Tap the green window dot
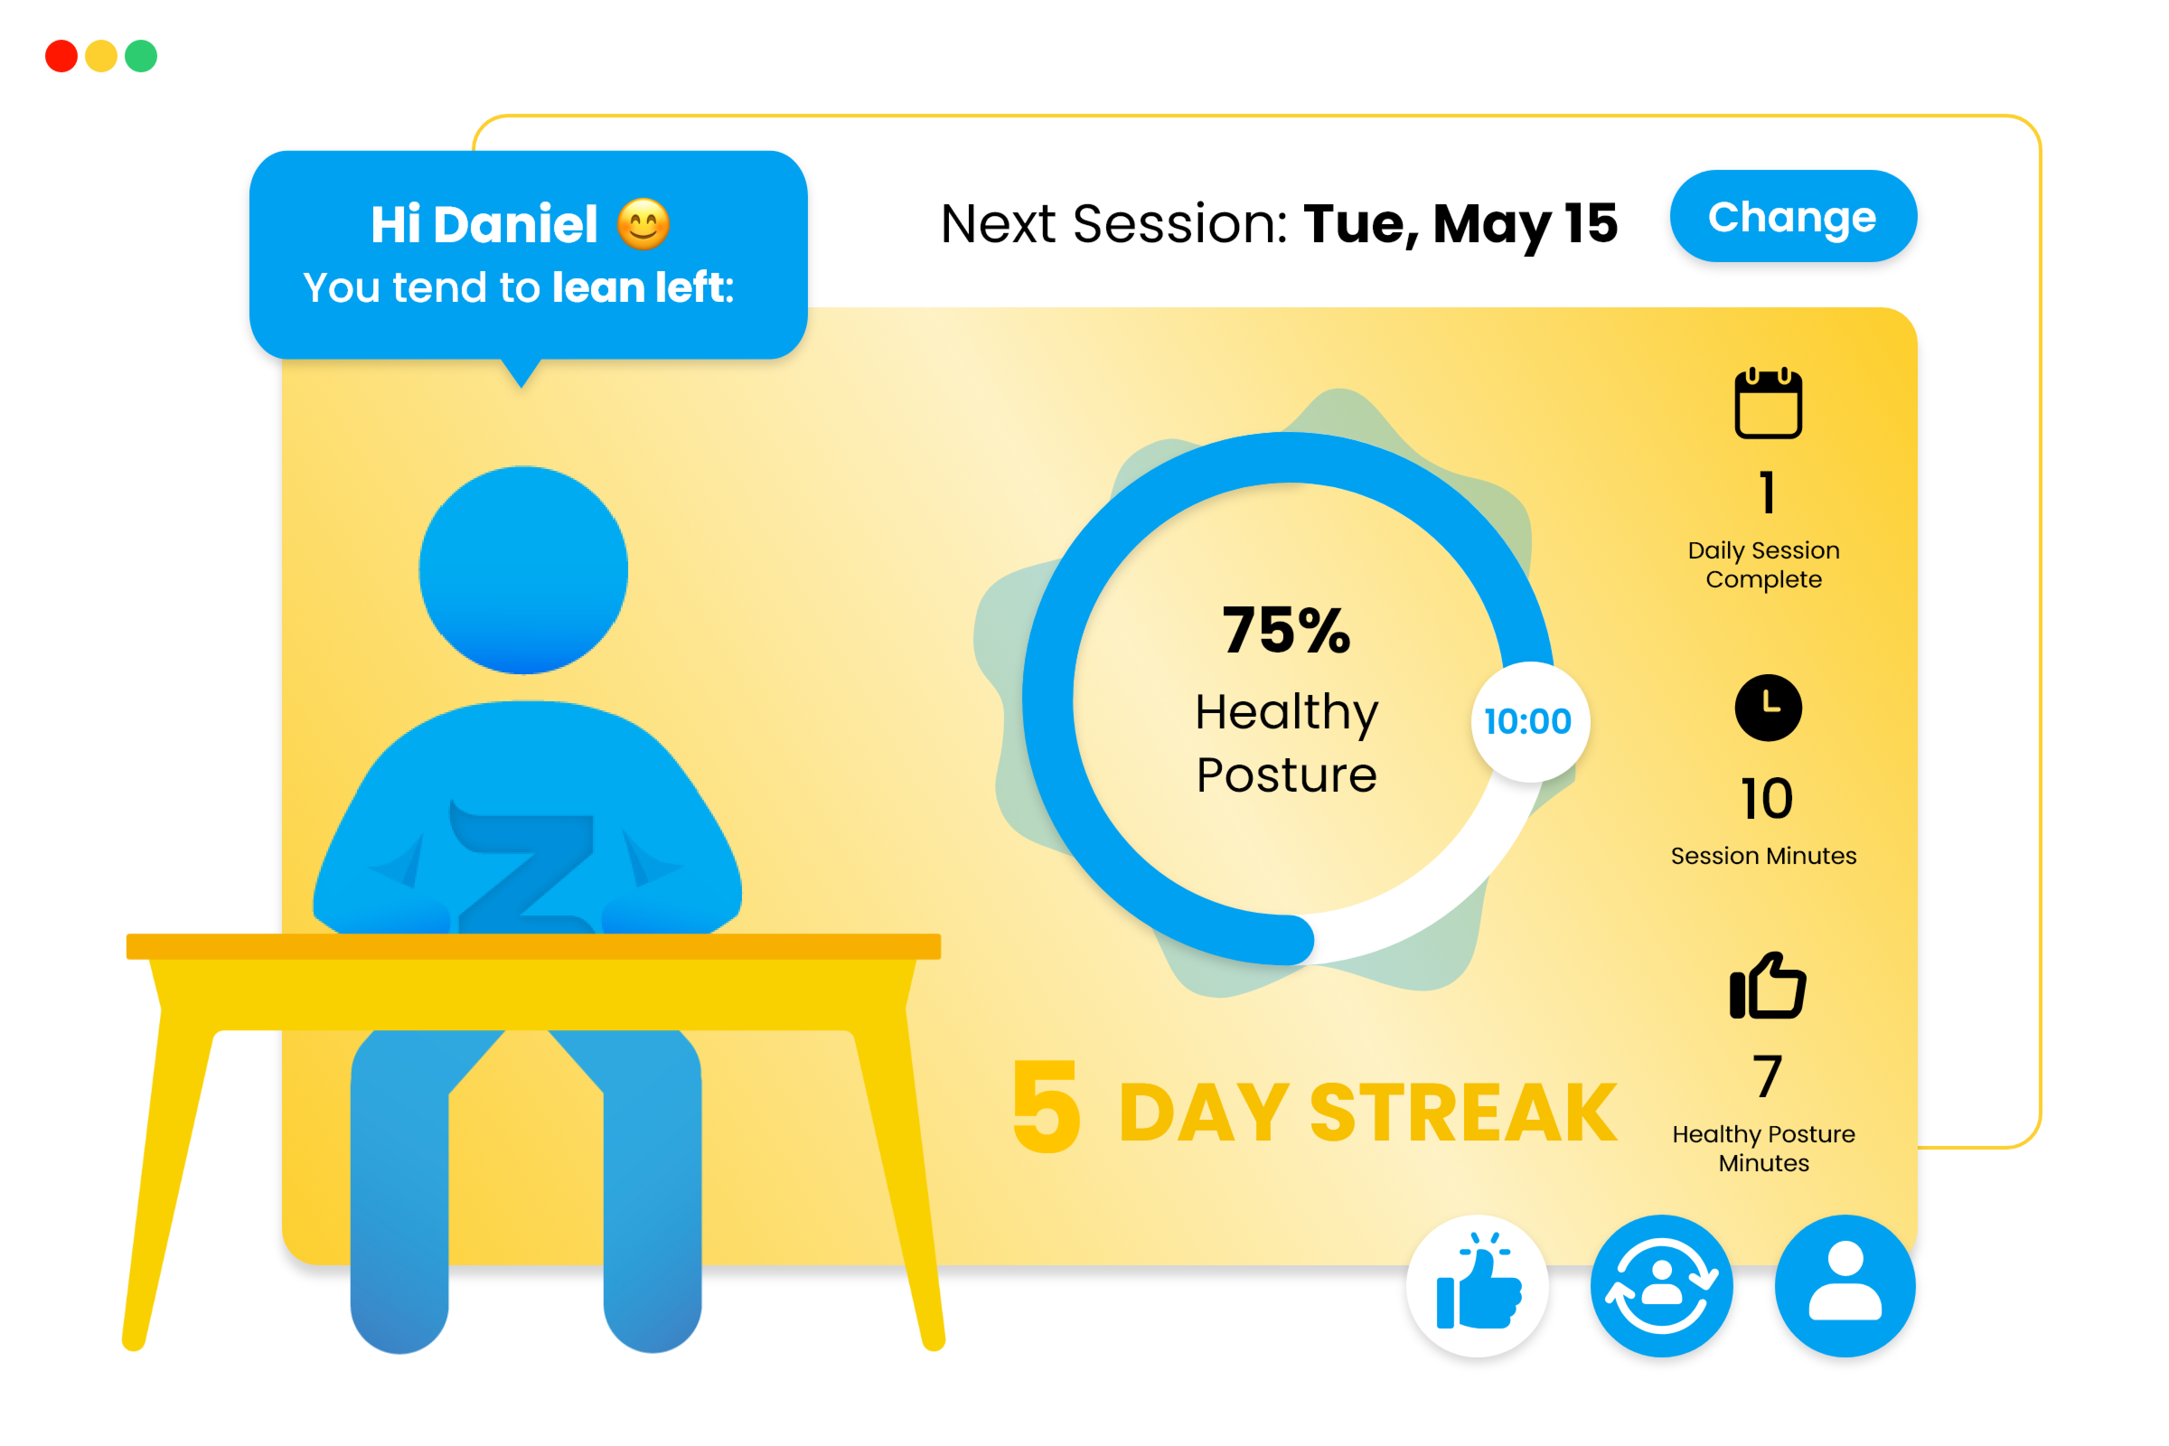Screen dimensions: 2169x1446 pyautogui.click(x=141, y=56)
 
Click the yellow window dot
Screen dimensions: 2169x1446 pyautogui.click(x=101, y=56)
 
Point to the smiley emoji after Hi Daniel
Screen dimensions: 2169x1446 pyautogui.click(x=643, y=224)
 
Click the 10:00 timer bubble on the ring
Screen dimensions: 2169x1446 pyautogui.click(x=1530, y=721)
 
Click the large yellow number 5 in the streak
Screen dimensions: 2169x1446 pyautogui.click(x=1047, y=1105)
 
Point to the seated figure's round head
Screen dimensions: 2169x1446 pyautogui.click(x=524, y=570)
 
